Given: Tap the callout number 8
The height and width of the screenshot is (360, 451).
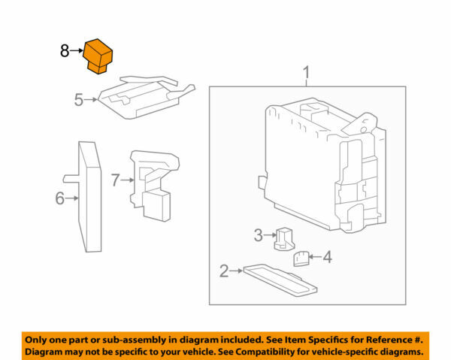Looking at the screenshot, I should [65, 51].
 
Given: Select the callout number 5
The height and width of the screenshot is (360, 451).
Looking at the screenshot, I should [78, 99].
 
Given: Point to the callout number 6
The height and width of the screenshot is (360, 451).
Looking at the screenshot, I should [59, 198].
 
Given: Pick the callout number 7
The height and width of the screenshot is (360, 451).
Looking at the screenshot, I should [116, 180].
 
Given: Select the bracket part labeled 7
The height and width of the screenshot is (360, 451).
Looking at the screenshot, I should [153, 184].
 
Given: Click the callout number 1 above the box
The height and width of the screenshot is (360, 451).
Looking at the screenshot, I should [306, 73].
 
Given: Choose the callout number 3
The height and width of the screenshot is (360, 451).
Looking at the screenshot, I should [258, 235].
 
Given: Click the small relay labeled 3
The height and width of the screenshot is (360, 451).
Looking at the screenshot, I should [286, 237].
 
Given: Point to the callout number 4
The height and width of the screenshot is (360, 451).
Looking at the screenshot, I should [327, 257].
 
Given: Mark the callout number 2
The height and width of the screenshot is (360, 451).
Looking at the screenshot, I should [223, 271].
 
